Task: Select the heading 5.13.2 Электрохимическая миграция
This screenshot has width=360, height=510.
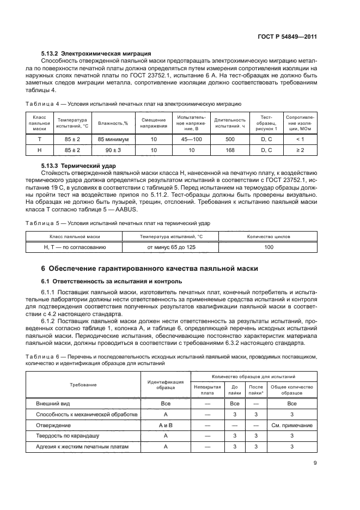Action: pyautogui.click(x=96, y=53)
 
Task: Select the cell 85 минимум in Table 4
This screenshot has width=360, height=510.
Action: pyautogui.click(x=113, y=139)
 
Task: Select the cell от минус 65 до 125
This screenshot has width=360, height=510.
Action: pyautogui.click(x=171, y=247)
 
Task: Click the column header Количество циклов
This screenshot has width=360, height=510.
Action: pyautogui.click(x=269, y=236)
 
